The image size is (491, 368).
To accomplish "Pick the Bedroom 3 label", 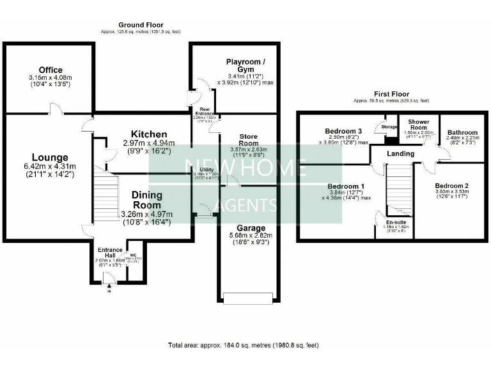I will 343,131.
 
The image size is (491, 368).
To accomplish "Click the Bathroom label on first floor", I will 462,132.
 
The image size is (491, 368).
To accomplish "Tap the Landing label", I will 401,153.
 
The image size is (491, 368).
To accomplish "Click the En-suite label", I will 393,222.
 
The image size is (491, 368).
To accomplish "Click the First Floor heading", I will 392,94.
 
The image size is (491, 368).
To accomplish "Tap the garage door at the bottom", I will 249,296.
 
